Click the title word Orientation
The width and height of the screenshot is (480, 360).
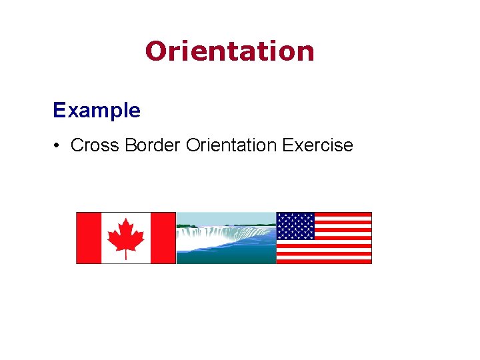229,51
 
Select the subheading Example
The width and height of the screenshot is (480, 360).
97,110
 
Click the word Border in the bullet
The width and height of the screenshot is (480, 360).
154,145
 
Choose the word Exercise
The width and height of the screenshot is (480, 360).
317,145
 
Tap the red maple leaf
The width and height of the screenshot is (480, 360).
126,235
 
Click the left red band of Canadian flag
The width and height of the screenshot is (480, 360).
88,238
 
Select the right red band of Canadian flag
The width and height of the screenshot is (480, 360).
163,238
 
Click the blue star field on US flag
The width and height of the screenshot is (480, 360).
295,225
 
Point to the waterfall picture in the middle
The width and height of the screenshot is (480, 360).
226,238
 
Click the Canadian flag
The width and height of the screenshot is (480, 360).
126,238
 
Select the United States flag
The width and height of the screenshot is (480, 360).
324,238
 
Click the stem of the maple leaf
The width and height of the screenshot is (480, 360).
126,255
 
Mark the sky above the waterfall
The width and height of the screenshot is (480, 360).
226,217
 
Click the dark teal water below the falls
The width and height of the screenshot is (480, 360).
226,258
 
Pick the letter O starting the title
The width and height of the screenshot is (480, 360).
156,51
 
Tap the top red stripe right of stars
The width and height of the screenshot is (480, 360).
343,215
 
